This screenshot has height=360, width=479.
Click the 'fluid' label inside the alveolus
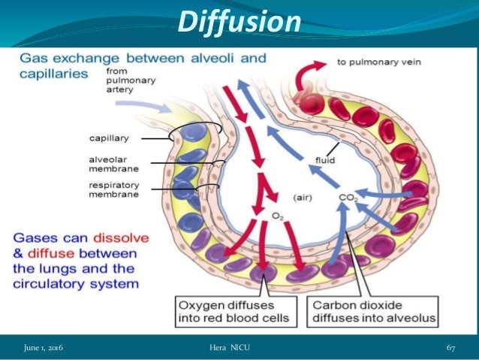pos(324,159)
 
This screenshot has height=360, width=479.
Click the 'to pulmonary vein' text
pos(372,65)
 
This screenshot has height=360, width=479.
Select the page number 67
pos(451,347)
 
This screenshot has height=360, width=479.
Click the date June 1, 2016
pos(43,347)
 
